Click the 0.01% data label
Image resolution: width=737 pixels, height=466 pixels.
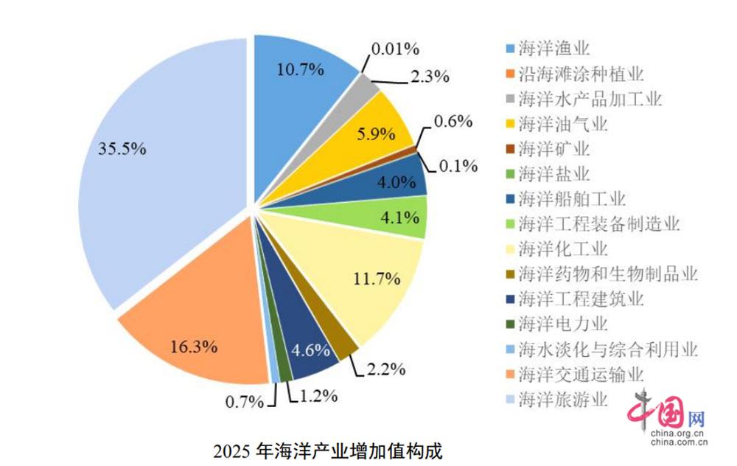pyautogui.click(x=395, y=49)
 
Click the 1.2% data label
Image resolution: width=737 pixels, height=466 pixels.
pyautogui.click(x=318, y=396)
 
